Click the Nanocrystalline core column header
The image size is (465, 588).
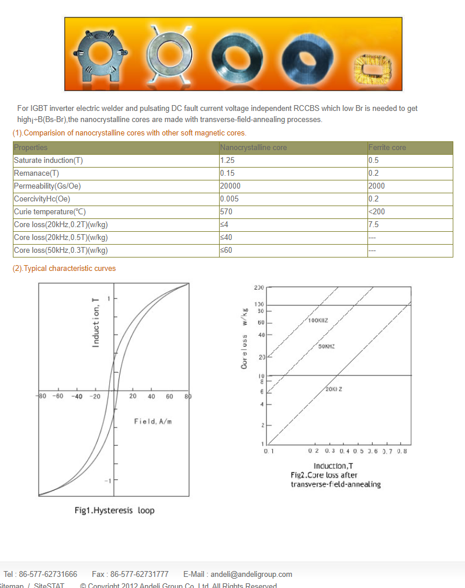[254, 148]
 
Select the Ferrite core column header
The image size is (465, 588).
[387, 148]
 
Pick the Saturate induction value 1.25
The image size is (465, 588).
[228, 161]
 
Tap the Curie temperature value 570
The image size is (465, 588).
[227, 212]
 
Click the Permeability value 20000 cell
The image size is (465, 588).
[230, 186]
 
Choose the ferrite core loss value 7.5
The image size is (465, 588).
[374, 225]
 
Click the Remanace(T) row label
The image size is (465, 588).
[36, 173]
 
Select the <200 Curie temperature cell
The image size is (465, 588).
[377, 212]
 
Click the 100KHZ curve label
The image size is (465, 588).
[318, 321]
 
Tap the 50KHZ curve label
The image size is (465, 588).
[326, 347]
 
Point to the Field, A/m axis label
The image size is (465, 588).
[153, 422]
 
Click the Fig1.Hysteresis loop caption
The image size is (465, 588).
[114, 510]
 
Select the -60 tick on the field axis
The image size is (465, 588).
[58, 396]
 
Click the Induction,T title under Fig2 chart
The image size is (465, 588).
[333, 466]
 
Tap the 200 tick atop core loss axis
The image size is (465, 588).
[259, 288]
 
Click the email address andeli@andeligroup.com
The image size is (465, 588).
[251, 574]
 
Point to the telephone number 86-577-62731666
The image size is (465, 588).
[48, 574]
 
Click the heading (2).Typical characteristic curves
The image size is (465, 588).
[64, 269]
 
